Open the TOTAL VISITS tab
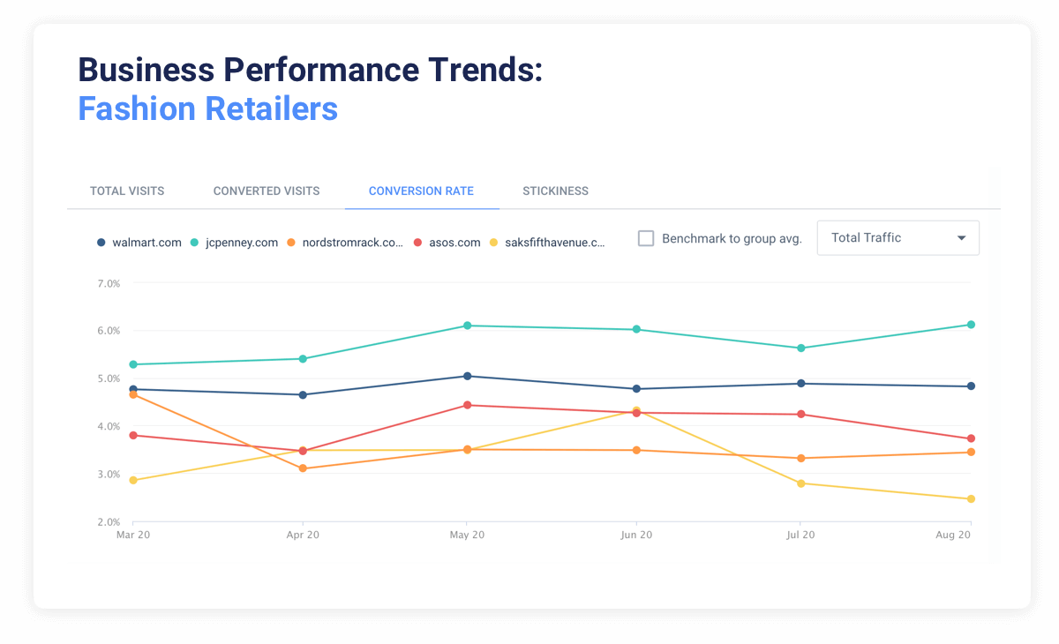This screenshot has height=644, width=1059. coord(127,191)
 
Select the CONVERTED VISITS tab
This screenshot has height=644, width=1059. coord(267,191)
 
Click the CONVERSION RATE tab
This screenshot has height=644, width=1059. coord(421,191)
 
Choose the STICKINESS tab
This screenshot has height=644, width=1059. coord(555,191)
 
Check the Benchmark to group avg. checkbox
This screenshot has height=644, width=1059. coord(646,238)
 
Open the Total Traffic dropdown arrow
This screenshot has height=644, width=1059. coord(961,238)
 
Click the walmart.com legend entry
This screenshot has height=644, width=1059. coord(141,243)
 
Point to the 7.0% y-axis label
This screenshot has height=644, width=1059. coord(108,283)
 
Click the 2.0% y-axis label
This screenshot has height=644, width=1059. coord(108,522)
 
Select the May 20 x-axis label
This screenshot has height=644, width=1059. coord(467,535)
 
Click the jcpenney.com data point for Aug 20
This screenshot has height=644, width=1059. coord(971,325)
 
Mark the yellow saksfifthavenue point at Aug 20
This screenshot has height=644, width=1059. coord(971,499)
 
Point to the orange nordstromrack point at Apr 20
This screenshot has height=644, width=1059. coord(303,468)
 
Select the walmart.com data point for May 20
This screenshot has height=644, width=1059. coord(467,376)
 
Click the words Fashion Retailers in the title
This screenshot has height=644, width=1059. coord(207,109)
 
